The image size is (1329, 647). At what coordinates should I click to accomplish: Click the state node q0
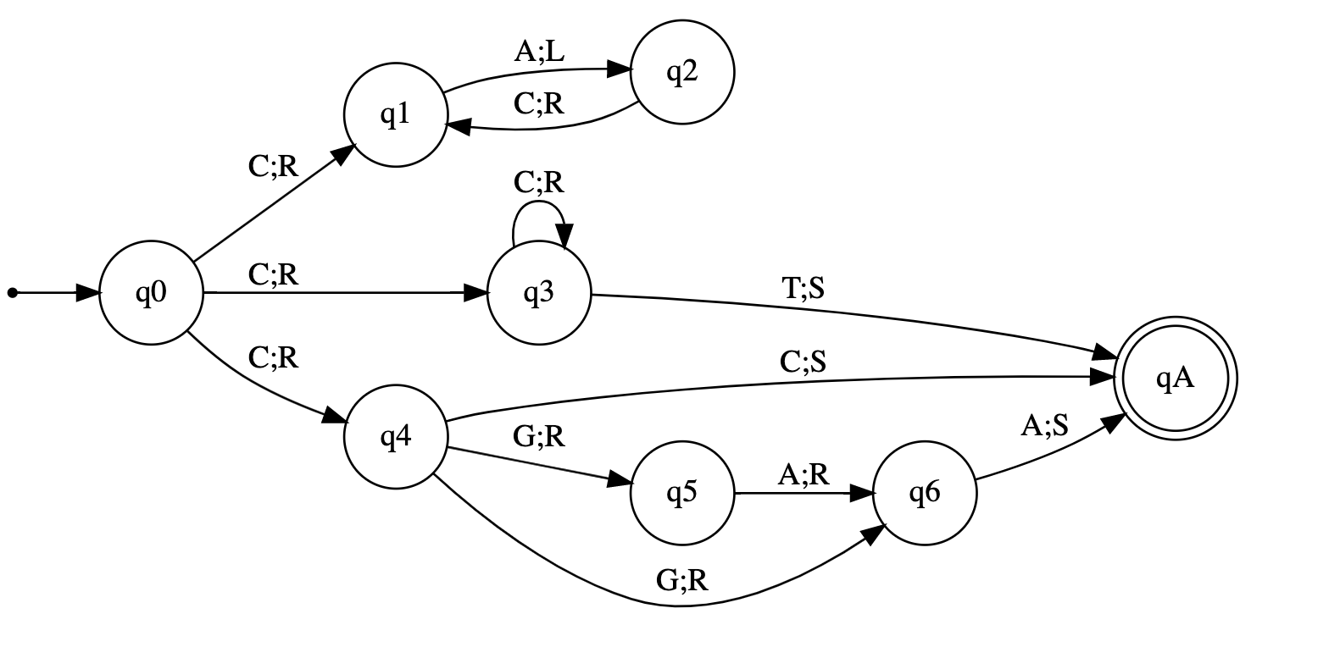(151, 293)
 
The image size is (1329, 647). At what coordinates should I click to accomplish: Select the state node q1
(395, 115)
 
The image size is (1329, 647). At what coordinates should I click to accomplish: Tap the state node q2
(681, 73)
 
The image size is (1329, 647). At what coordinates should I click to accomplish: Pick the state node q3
(538, 293)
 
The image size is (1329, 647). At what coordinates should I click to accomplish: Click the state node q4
(395, 438)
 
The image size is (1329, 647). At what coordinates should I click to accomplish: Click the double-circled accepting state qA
(1175, 379)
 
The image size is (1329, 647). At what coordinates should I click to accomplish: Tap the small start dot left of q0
(12, 293)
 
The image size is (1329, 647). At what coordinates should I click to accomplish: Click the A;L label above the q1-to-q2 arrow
(539, 53)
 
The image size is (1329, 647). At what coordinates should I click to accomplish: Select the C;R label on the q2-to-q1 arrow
(539, 103)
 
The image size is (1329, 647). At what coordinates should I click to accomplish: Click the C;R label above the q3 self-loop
(538, 182)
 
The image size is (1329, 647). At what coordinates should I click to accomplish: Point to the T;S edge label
(802, 290)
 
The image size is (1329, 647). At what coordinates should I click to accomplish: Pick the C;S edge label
(803, 362)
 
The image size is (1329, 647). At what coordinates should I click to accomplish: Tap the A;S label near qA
(1044, 425)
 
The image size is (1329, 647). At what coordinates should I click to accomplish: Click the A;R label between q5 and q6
(804, 475)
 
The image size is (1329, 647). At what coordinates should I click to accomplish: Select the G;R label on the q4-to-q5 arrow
(539, 436)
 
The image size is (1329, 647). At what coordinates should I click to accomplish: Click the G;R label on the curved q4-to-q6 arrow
(681, 580)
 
